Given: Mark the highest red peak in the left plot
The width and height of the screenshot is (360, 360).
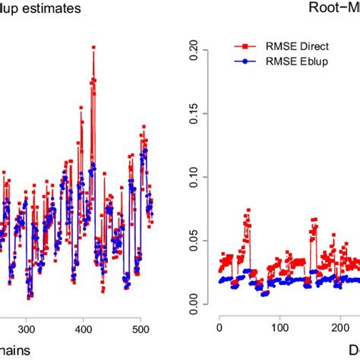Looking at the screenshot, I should (x=93, y=47).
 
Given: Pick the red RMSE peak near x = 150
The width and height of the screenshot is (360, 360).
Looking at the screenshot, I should (x=313, y=219).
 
